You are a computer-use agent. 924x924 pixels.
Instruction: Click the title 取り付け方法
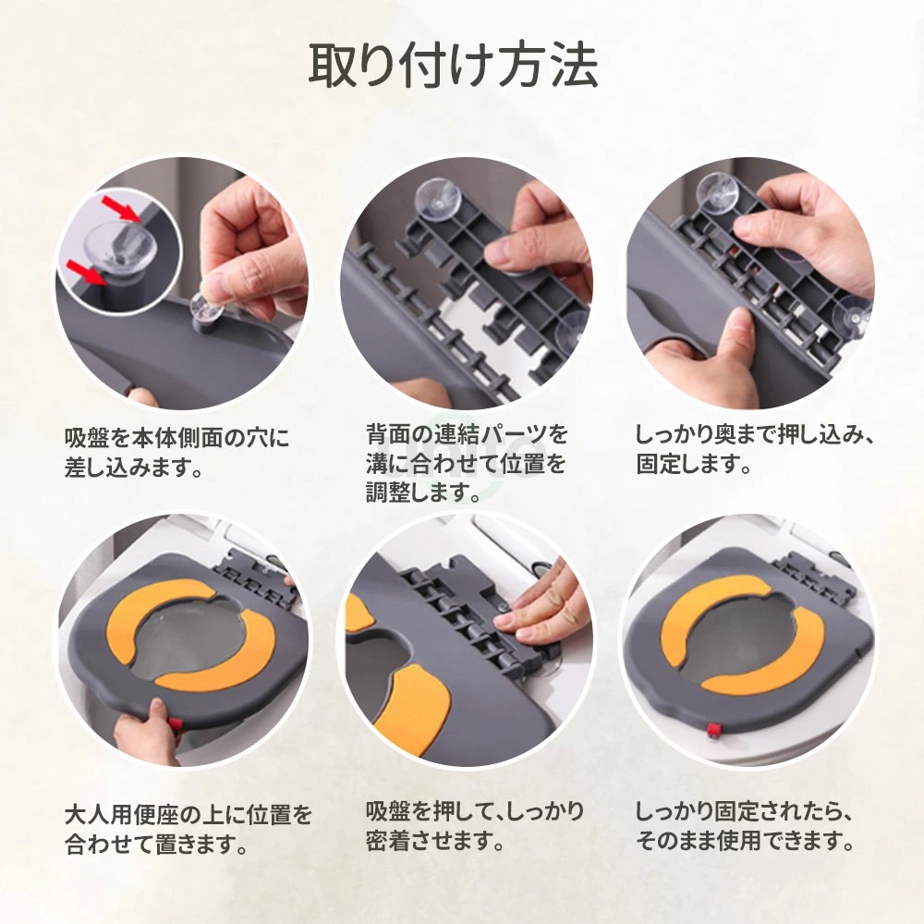(454, 66)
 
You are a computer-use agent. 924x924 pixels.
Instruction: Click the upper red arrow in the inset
(121, 209)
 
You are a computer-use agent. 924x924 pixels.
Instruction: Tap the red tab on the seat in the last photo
(713, 731)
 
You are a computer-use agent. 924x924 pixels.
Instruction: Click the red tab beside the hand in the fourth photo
(173, 723)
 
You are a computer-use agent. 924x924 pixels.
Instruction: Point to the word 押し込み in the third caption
(804, 435)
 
